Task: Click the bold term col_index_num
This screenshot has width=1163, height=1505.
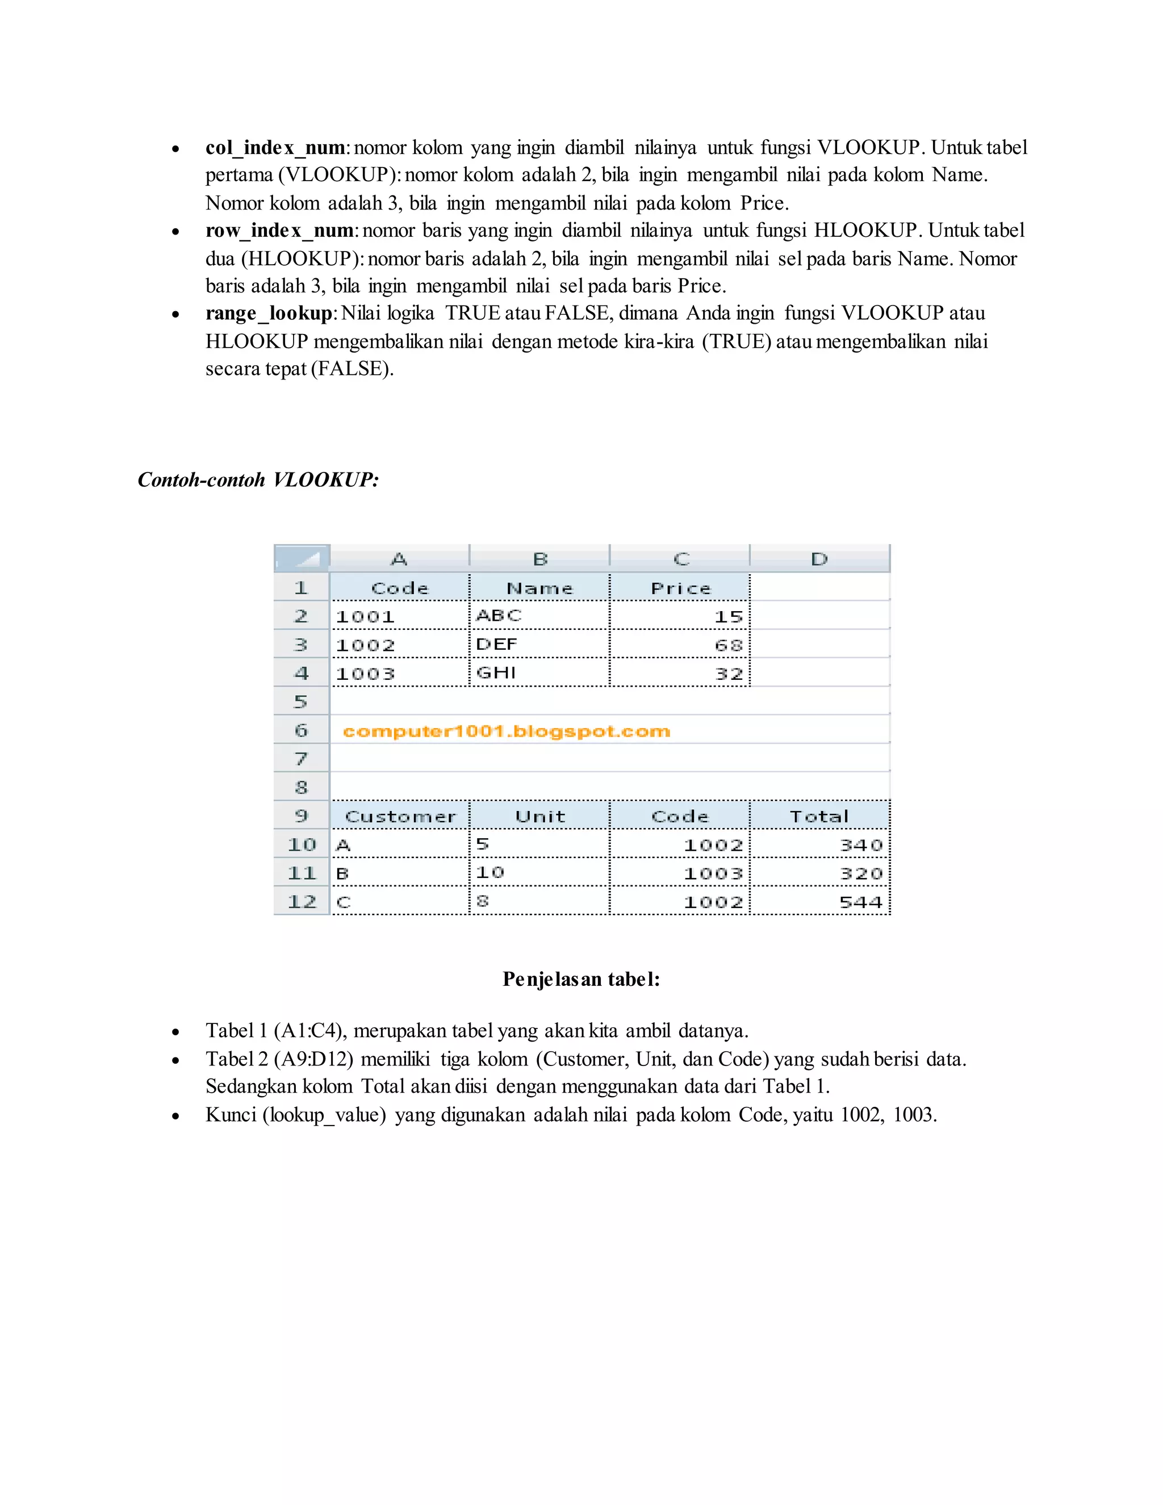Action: tap(275, 148)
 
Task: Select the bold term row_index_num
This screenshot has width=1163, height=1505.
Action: tap(279, 230)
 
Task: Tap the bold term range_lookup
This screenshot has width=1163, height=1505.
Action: tap(269, 313)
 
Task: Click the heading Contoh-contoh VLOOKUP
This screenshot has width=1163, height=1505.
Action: tap(258, 480)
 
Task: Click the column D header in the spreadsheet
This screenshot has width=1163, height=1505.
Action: tap(819, 559)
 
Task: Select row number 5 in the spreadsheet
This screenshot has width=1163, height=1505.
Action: tap(301, 701)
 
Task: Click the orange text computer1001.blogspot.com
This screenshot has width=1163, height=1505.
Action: tap(507, 731)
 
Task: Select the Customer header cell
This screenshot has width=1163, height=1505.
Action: tap(400, 817)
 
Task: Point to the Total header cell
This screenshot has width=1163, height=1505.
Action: tap(819, 817)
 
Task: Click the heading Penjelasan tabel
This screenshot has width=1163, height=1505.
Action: tap(581, 979)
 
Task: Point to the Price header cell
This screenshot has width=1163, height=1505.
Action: tap(680, 588)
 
